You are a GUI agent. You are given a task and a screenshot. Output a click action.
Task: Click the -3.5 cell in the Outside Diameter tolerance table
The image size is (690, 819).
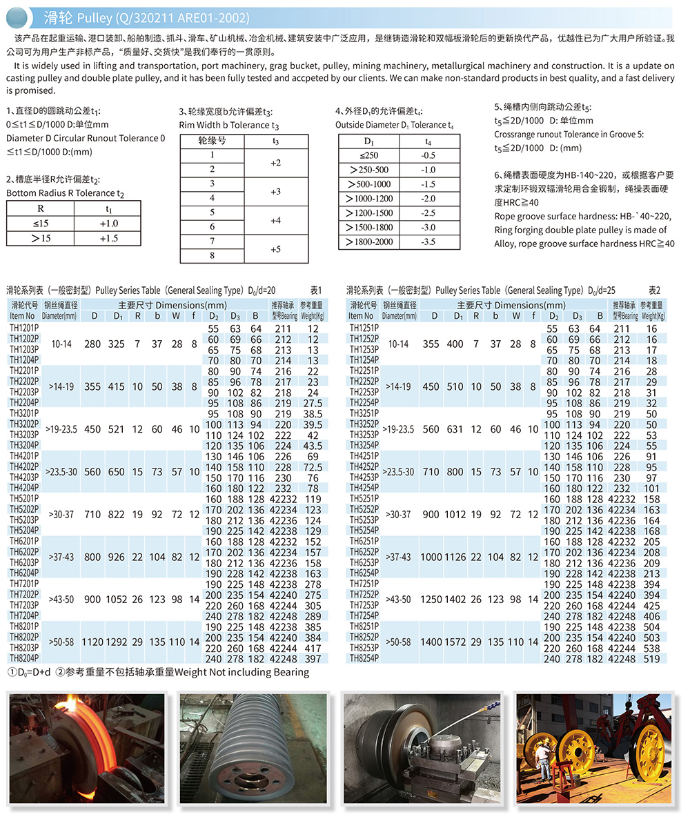coord(428,242)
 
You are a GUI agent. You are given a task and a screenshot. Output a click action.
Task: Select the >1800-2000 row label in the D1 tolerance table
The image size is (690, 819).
coord(370,242)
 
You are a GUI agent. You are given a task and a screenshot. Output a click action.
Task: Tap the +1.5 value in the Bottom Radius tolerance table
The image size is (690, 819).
coord(109,238)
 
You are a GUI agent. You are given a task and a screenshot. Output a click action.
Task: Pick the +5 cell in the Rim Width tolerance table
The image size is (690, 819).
coord(276,248)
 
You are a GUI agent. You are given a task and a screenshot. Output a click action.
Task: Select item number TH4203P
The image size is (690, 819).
coord(24,477)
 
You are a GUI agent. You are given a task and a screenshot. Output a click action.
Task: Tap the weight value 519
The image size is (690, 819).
coord(651,659)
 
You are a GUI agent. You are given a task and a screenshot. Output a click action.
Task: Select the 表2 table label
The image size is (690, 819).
coord(655,290)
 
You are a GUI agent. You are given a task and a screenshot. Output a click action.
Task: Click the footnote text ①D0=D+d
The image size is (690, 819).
coord(30,672)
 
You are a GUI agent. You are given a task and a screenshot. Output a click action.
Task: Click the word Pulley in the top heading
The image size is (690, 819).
coord(89,17)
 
